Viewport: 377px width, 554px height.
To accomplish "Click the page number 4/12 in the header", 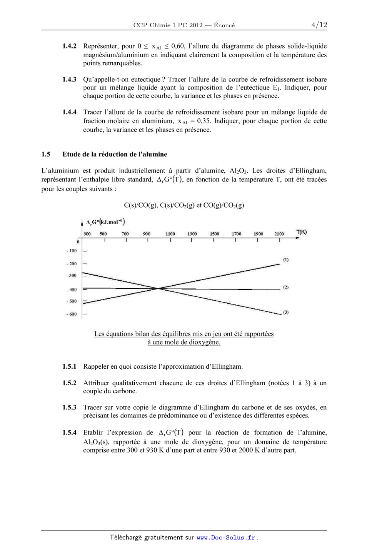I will click(319, 25).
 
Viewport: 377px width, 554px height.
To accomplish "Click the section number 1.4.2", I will click(69, 46).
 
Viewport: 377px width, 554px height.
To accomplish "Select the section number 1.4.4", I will click(69, 112).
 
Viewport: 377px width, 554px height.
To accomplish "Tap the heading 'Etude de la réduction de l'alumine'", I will click(115, 155).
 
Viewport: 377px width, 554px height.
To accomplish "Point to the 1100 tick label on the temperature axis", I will click(170, 234).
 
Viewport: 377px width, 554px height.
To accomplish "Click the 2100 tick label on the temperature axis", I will click(279, 234).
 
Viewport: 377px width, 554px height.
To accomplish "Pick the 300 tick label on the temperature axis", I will click(87, 234).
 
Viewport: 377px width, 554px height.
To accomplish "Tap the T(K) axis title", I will click(301, 232).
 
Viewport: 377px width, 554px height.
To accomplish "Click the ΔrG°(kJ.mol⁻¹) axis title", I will click(105, 222).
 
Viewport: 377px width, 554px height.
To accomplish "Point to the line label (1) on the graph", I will click(286, 260).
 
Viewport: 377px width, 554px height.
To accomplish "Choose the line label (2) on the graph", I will click(286, 287).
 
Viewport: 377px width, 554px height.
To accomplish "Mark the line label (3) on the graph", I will click(286, 312).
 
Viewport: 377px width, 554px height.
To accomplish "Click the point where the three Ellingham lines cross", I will click(158, 288).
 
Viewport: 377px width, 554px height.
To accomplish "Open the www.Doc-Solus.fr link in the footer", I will click(226, 538).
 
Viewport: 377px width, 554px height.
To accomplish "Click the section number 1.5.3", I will click(69, 408).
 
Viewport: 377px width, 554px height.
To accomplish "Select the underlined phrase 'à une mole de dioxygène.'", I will click(184, 342).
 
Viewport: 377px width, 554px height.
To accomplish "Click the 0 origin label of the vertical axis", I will click(78, 242).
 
